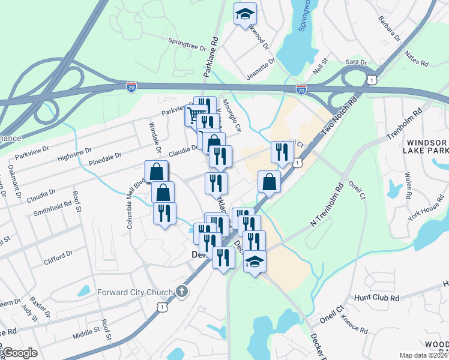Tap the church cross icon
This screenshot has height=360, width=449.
coord(182,292)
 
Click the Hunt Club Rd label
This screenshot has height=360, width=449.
coord(376,298)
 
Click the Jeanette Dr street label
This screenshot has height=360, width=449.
coord(260,68)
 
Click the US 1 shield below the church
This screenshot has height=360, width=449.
coord(161,307)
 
